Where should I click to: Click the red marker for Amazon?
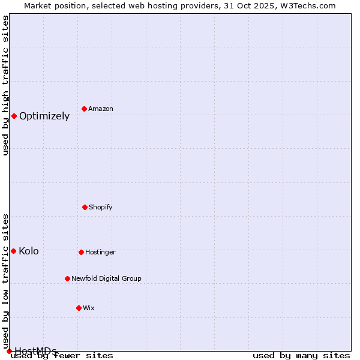[84, 109]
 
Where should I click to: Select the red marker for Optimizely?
[14, 116]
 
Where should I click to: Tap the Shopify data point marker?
[85, 207]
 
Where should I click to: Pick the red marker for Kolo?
[13, 251]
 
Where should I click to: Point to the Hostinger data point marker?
[81, 252]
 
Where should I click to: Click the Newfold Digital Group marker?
[67, 278]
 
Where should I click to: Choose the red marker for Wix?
[79, 308]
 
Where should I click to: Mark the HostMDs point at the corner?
[9, 351]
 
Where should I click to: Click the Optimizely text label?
[44, 116]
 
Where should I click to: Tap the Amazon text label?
[101, 109]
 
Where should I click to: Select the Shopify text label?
[101, 207]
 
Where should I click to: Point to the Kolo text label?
[29, 251]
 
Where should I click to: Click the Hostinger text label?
[100, 252]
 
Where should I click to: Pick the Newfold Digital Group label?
[106, 278]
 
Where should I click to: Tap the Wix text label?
[89, 308]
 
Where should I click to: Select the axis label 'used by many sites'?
[301, 355]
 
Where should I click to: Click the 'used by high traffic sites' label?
[5, 85]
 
